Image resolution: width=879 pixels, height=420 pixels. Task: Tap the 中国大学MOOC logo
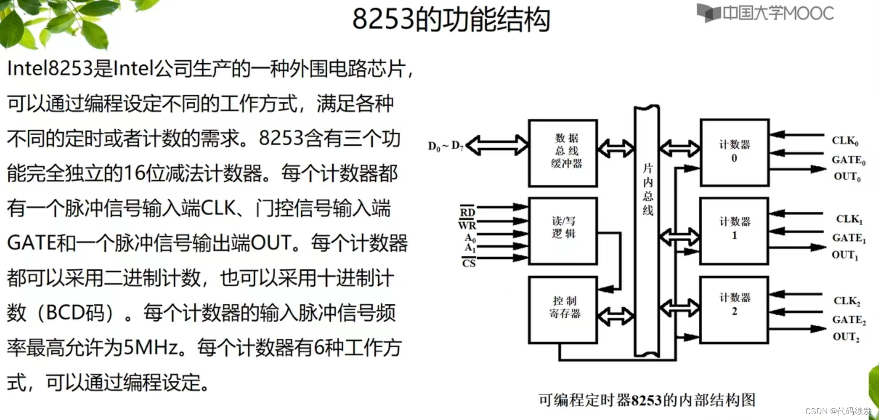765,13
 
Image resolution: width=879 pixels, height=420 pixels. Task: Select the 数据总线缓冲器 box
563,153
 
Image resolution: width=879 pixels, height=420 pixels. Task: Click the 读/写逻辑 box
563,230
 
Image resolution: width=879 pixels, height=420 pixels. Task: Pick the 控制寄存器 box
563,310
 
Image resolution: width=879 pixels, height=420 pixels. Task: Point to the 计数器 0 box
734,152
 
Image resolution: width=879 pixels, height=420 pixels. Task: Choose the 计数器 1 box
734,230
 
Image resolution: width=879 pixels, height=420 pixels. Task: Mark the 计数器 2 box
734,310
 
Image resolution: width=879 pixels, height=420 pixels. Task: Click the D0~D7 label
446,146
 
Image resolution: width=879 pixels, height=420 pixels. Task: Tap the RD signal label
467,212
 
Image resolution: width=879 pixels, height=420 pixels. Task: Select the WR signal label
467,225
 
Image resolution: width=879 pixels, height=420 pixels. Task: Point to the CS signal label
468,264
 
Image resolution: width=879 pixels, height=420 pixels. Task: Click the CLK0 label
845,141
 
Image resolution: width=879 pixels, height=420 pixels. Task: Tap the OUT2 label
846,337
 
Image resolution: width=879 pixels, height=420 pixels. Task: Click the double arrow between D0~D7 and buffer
497,146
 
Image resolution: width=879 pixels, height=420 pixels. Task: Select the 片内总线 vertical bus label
648,189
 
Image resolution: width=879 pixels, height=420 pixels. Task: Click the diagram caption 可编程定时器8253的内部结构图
647,400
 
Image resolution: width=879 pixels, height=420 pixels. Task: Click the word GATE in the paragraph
31,243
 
